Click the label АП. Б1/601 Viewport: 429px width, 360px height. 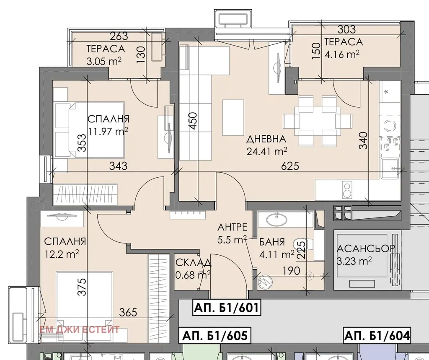pyautogui.click(x=226, y=308)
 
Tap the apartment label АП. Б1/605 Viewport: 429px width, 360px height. pyautogui.click(x=215, y=335)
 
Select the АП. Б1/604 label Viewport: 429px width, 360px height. pyautogui.click(x=377, y=335)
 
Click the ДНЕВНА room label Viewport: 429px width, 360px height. pyautogui.click(x=266, y=139)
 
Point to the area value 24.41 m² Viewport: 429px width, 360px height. pyautogui.click(x=267, y=151)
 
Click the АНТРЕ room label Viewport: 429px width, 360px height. pyautogui.click(x=232, y=227)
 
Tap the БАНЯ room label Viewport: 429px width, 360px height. pyautogui.click(x=272, y=242)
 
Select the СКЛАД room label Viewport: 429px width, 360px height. pyautogui.click(x=193, y=263)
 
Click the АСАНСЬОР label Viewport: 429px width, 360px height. pyautogui.click(x=366, y=248)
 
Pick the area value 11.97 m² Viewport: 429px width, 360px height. pyautogui.click(x=108, y=131)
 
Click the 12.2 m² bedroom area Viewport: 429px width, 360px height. pyautogui.click(x=62, y=254)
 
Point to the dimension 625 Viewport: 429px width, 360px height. pyautogui.click(x=290, y=166)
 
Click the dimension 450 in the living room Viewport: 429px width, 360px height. pyautogui.click(x=193, y=121)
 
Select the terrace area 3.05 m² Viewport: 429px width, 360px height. pyautogui.click(x=104, y=61)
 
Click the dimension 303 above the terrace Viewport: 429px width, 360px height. pyautogui.click(x=346, y=29)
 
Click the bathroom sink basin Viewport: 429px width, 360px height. pyautogui.click(x=277, y=219)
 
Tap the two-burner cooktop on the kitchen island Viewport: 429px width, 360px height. pyautogui.click(x=347, y=190)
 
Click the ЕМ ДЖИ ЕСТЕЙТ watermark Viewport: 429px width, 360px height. pyautogui.click(x=80, y=329)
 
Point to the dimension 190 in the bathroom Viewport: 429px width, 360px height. pyautogui.click(x=291, y=271)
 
